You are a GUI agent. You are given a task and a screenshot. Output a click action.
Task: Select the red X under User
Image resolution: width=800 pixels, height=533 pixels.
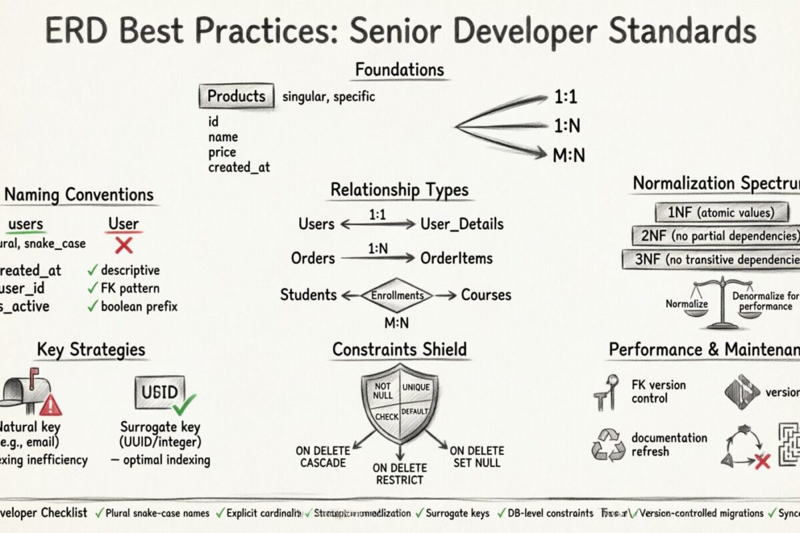point(123,245)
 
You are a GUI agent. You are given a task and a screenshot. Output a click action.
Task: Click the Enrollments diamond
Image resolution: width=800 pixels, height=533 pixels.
point(397,295)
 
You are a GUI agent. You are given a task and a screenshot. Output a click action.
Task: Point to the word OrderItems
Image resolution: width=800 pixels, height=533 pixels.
point(457,259)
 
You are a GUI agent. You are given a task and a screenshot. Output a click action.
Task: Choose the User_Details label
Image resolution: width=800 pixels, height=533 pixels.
point(461,224)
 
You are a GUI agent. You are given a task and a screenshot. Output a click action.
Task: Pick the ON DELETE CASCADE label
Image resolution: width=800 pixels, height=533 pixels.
point(323,457)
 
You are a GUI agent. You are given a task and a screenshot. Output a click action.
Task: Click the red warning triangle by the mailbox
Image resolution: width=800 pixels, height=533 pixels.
point(50,404)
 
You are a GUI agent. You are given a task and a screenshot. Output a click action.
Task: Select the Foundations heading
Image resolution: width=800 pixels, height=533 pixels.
point(399,69)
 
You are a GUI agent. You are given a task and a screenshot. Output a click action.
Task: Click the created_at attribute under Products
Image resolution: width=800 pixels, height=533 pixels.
point(239,167)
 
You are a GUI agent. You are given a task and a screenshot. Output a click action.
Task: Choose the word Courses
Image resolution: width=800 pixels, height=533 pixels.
point(486,295)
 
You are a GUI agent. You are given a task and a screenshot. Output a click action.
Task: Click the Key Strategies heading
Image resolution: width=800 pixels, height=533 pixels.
point(91,349)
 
